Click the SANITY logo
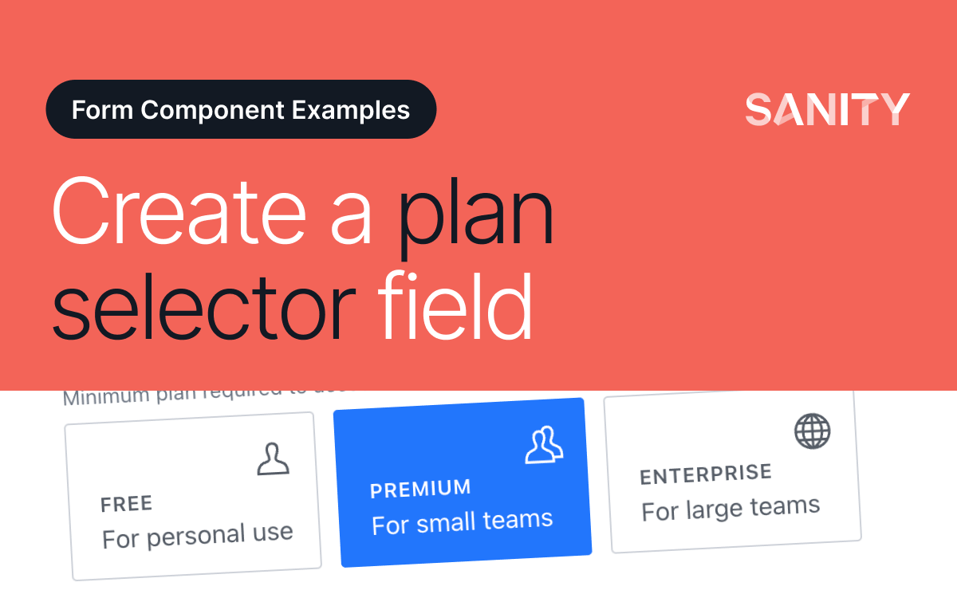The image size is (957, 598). point(827,109)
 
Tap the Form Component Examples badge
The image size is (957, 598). point(241,109)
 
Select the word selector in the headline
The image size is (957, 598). point(203,305)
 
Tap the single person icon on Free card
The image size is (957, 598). point(273,458)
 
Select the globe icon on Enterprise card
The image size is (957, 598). point(812,431)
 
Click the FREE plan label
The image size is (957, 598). point(126,504)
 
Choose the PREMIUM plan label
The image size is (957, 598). point(420,489)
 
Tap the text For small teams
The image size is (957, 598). point(462,522)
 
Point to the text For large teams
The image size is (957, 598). point(731,508)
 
